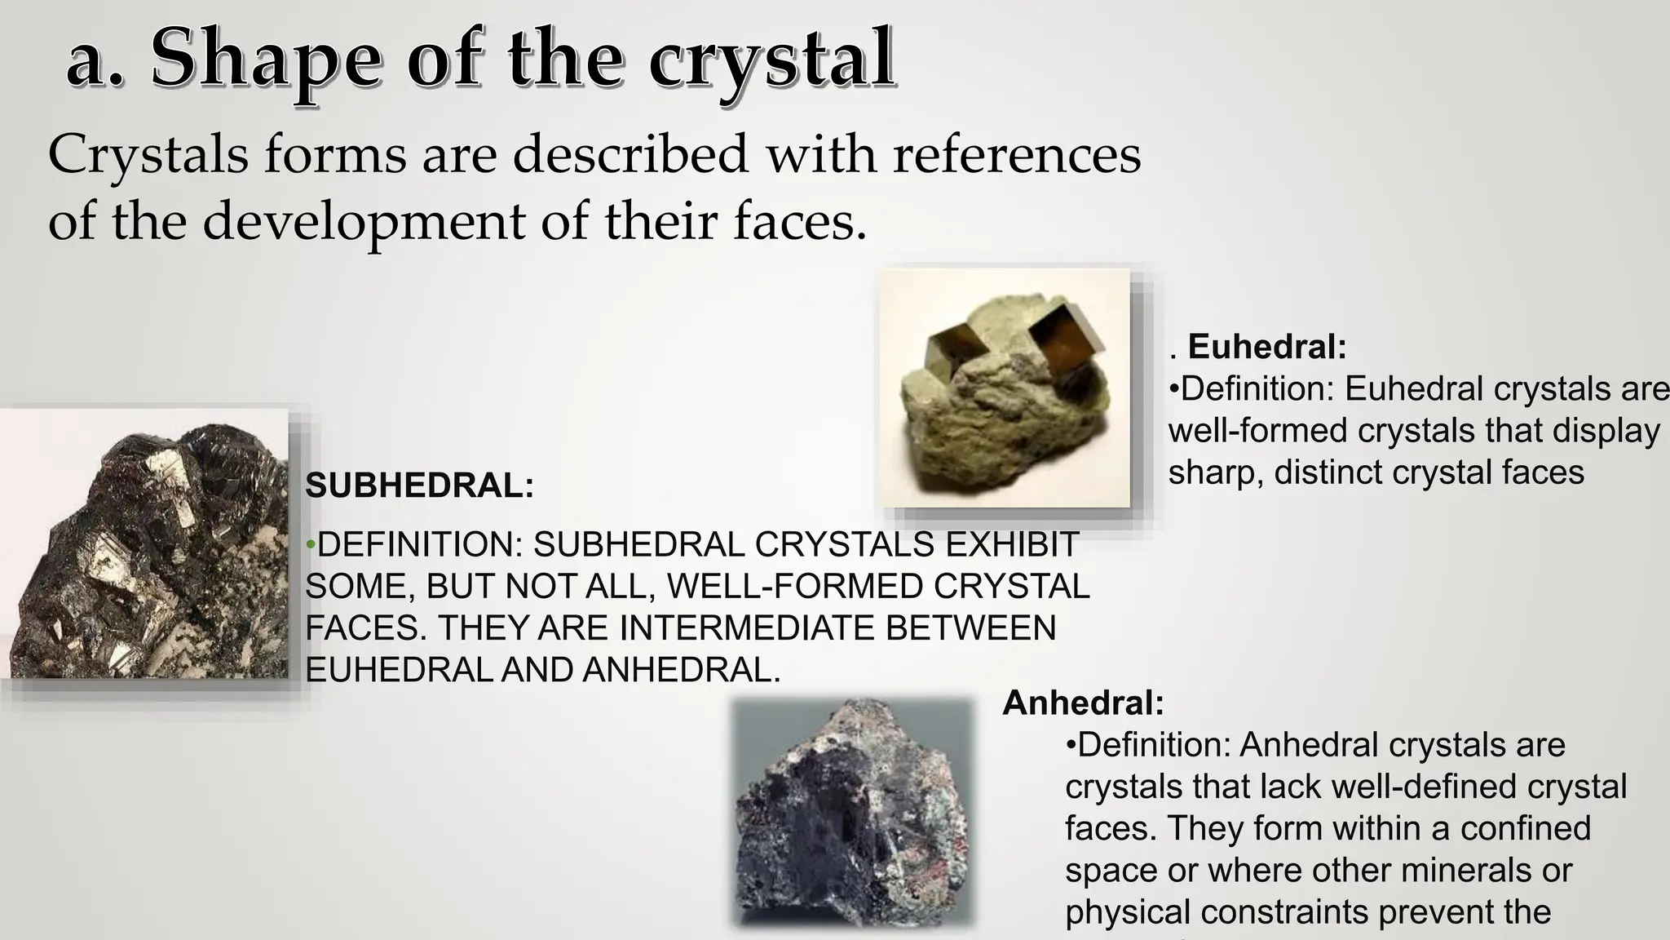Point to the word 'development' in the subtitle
tap(363, 222)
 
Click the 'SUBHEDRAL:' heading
tap(419, 486)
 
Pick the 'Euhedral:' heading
tap(1266, 347)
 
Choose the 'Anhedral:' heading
tap(1083, 703)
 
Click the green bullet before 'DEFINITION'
tap(310, 544)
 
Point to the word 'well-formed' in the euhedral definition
tap(1257, 431)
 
